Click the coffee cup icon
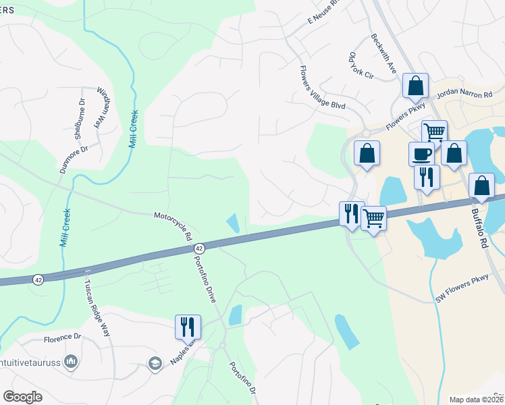[421, 154]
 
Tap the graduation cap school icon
[155, 364]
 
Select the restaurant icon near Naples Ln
[188, 327]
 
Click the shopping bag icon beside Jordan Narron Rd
[415, 86]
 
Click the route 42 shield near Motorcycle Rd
[198, 249]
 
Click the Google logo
[22, 397]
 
